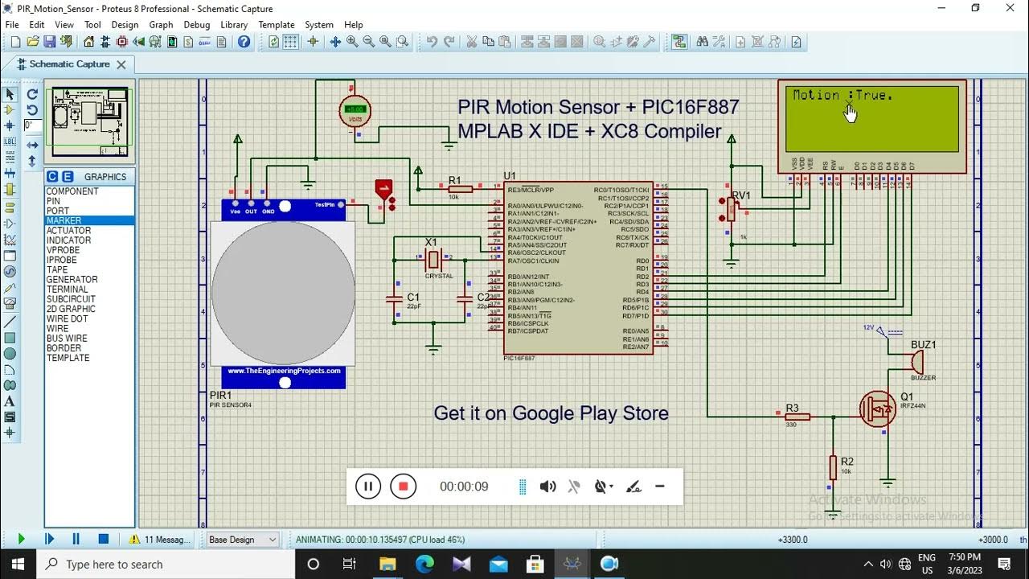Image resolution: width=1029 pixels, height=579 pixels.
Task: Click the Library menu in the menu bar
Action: (x=234, y=25)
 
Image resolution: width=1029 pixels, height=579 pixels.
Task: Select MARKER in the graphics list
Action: (x=64, y=220)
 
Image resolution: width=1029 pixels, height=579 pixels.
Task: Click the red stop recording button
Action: (x=404, y=487)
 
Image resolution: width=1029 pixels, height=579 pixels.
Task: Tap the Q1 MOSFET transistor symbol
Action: (x=878, y=409)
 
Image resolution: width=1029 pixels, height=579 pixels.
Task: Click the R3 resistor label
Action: (x=792, y=408)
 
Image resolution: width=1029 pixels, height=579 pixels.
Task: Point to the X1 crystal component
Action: (x=434, y=259)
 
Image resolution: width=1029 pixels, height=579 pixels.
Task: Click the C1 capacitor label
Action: (x=413, y=297)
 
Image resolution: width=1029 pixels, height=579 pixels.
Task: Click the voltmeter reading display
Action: (x=355, y=109)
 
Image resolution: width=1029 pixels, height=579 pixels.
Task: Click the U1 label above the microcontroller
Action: (x=510, y=176)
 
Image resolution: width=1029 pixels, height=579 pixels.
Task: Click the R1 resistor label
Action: (x=454, y=180)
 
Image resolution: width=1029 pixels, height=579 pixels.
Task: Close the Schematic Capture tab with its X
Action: (x=121, y=64)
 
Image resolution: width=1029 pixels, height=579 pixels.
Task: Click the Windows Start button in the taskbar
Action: (x=18, y=564)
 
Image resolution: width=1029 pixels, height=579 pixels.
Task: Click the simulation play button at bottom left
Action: (x=21, y=539)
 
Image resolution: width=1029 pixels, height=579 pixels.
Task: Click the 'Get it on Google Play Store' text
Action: (x=551, y=413)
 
